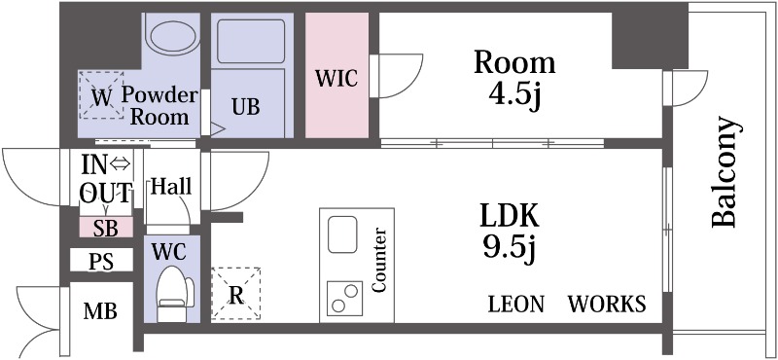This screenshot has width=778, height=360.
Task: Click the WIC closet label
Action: (336, 79)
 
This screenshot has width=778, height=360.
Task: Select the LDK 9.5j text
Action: (509, 232)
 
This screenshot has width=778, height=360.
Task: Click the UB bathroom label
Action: (245, 106)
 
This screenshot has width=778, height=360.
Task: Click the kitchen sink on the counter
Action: (344, 234)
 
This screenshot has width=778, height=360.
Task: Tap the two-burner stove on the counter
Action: (343, 297)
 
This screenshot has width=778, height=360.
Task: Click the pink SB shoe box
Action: (105, 228)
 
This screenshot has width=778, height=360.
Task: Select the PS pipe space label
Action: (100, 262)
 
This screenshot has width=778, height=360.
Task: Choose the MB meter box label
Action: (100, 312)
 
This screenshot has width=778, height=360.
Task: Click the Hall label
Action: (171, 186)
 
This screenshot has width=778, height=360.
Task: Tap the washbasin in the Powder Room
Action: (171, 35)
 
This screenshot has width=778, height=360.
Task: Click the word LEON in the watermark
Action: (515, 305)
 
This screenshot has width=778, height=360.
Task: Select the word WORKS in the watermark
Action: (607, 305)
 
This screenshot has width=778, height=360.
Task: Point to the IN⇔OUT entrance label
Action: (106, 177)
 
